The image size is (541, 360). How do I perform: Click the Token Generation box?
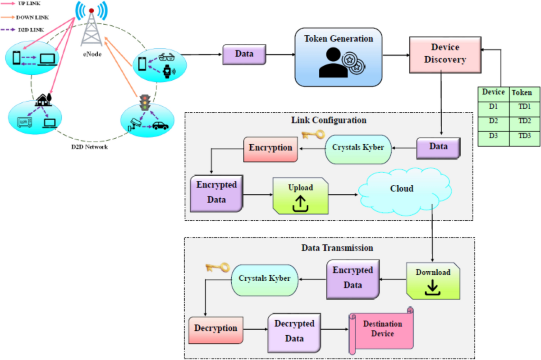click(x=338, y=57)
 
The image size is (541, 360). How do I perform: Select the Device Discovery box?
click(x=445, y=54)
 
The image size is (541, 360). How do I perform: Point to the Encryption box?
click(x=270, y=148)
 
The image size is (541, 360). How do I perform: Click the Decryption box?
click(x=215, y=328)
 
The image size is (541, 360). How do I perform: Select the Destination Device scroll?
click(x=381, y=330)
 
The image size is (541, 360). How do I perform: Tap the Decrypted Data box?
click(x=294, y=331)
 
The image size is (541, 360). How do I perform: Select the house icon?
click(x=43, y=99)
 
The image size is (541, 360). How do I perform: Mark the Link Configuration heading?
click(x=329, y=120)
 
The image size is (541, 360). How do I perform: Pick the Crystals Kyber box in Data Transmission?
click(x=265, y=279)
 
